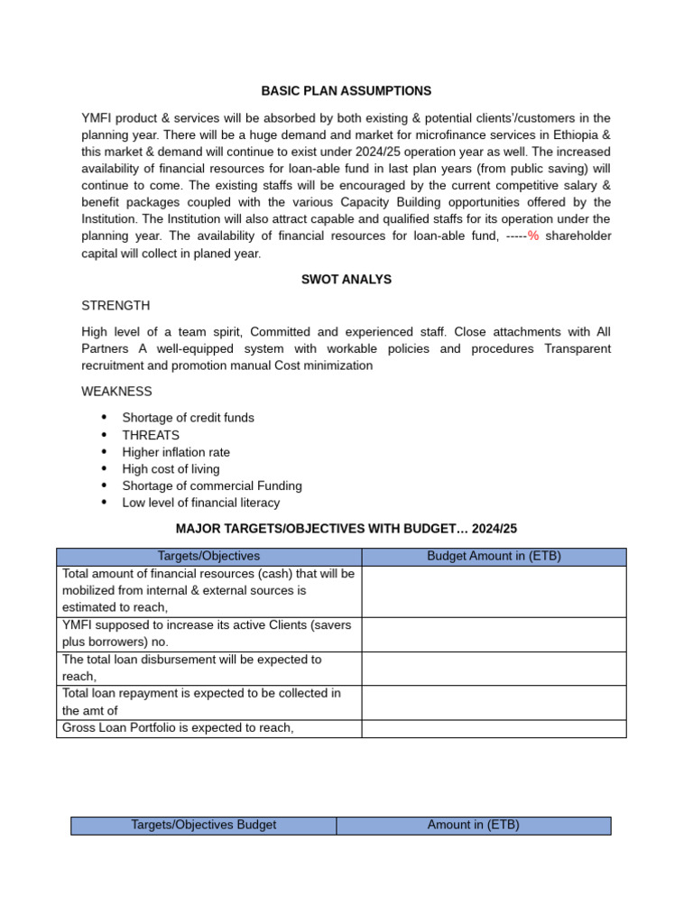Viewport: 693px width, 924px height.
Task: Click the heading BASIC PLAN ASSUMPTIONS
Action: click(x=346, y=91)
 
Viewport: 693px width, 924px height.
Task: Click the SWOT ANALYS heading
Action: click(x=346, y=280)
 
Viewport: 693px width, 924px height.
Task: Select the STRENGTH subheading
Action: click(x=115, y=306)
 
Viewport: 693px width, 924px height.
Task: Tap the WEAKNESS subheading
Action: click(x=116, y=392)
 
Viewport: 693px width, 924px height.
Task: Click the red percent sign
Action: click(x=533, y=236)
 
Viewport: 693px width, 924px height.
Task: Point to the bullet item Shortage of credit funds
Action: click(x=188, y=418)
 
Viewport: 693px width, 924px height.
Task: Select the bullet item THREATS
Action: click(x=151, y=435)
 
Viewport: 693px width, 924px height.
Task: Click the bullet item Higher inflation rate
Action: click(x=176, y=452)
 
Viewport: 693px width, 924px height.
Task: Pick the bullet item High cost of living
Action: click(x=171, y=469)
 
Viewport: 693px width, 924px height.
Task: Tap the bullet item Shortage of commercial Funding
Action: click(x=212, y=486)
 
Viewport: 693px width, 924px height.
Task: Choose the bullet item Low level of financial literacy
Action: click(x=201, y=503)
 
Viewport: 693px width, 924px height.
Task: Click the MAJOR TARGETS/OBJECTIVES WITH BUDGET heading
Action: click(x=346, y=529)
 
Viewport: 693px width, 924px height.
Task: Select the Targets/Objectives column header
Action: click(x=208, y=557)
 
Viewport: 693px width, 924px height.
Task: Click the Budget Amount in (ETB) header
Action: click(x=494, y=557)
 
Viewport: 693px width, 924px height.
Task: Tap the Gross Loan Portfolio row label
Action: click(x=178, y=728)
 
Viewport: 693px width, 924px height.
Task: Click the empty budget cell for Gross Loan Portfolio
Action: click(x=494, y=728)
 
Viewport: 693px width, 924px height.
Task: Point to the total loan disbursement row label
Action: click(x=191, y=668)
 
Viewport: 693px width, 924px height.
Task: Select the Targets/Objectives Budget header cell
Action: click(x=204, y=825)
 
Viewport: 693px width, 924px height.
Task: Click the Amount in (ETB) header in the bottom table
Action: click(x=473, y=825)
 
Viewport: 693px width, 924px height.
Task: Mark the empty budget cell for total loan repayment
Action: click(x=494, y=702)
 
